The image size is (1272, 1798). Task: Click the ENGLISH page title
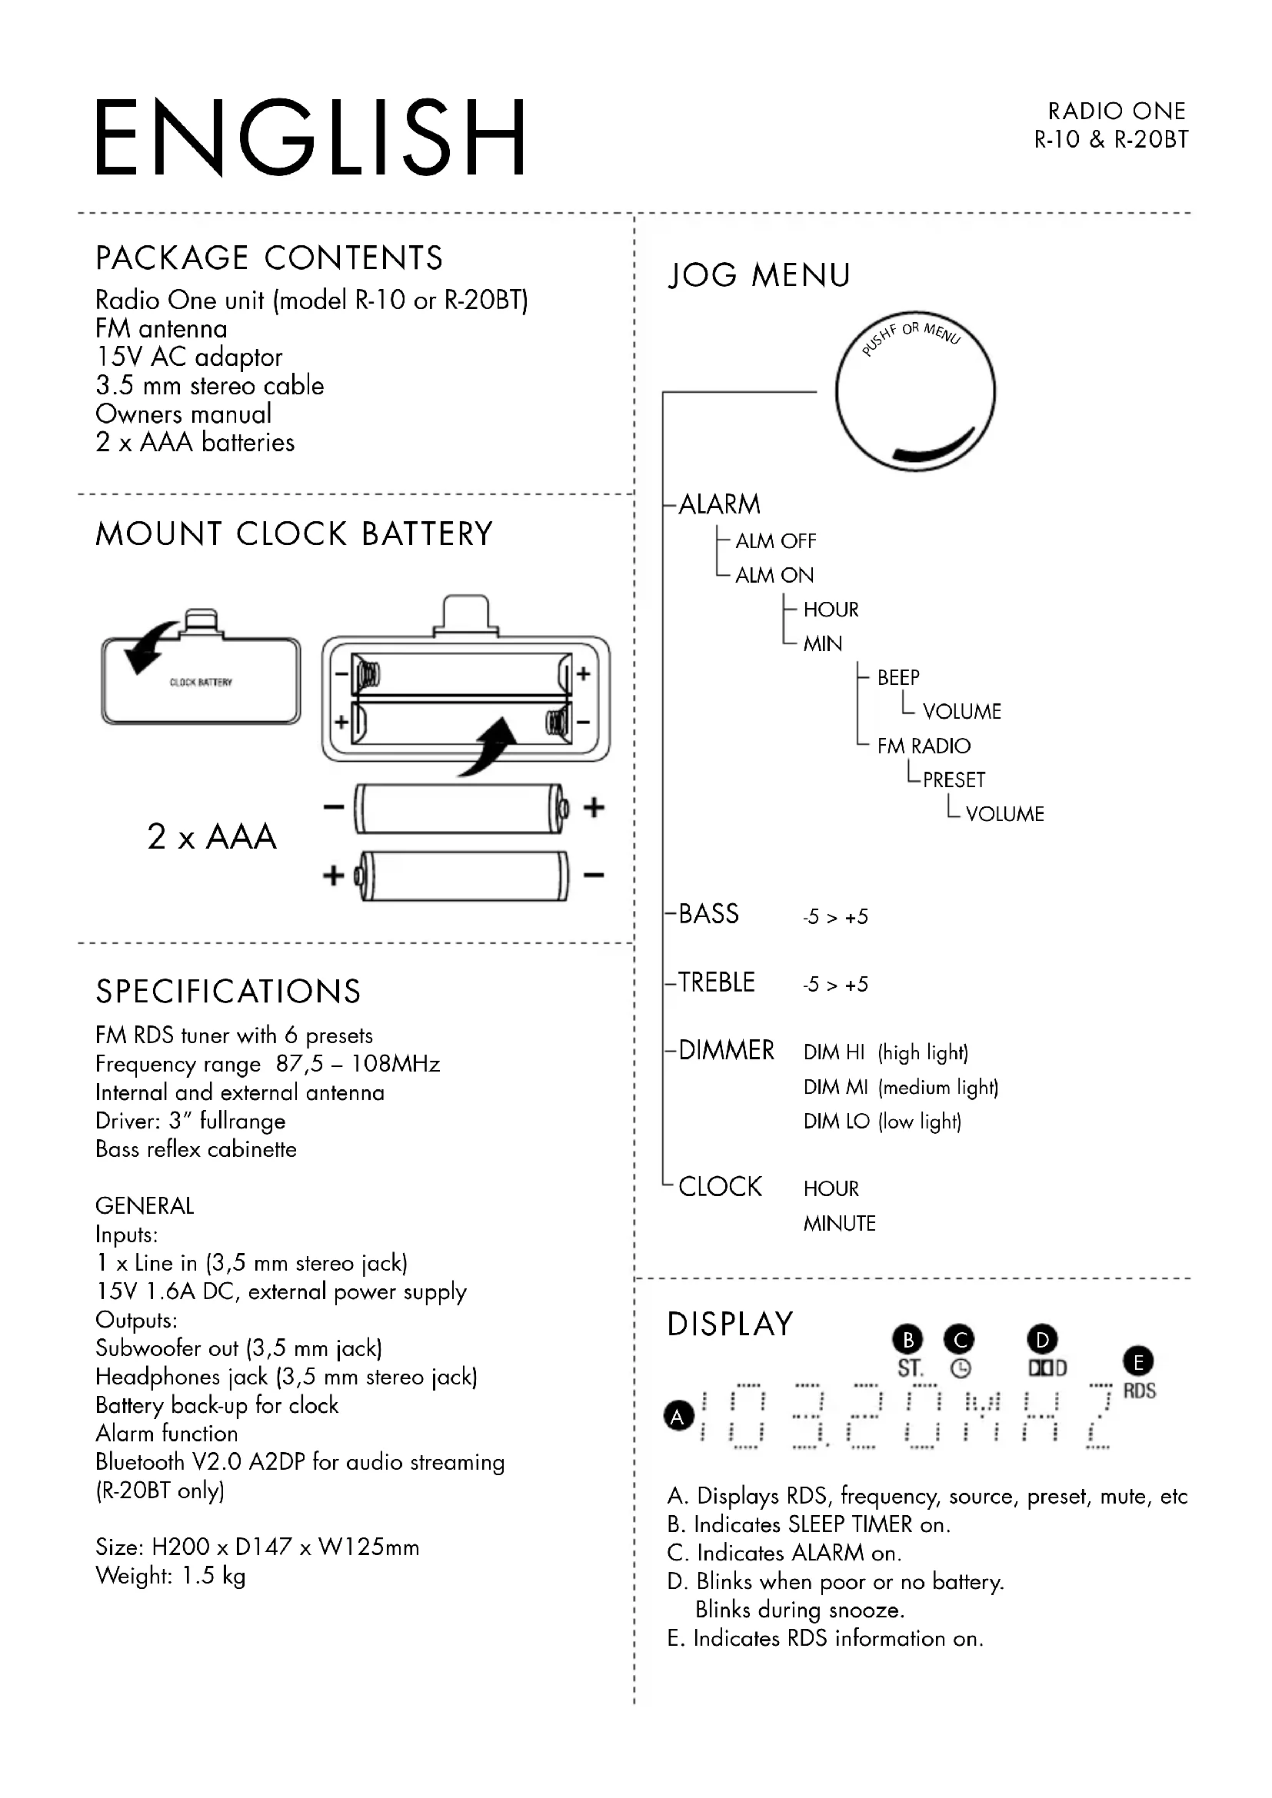(309, 137)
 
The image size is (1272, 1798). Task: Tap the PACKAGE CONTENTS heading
(268, 258)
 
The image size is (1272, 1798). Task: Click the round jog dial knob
(915, 391)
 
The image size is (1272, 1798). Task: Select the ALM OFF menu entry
(774, 541)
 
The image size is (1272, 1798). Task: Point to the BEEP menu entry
(897, 677)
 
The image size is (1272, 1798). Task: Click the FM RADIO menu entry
(923, 746)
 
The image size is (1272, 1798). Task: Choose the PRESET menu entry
(953, 780)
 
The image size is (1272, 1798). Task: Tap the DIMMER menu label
(726, 1050)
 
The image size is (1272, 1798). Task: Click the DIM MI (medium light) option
(900, 1087)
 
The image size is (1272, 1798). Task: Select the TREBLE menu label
(716, 982)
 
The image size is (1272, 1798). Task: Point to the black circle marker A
(678, 1416)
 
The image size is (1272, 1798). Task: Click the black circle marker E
(1138, 1362)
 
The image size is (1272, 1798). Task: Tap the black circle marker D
(1042, 1340)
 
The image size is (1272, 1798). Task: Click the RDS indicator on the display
(1139, 1391)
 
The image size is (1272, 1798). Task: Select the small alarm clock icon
(961, 1369)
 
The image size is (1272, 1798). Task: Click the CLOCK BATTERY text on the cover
(201, 682)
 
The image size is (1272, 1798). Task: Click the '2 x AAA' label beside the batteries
(211, 836)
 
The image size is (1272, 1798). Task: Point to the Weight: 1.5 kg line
(170, 1576)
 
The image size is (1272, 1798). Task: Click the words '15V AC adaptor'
(188, 357)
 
